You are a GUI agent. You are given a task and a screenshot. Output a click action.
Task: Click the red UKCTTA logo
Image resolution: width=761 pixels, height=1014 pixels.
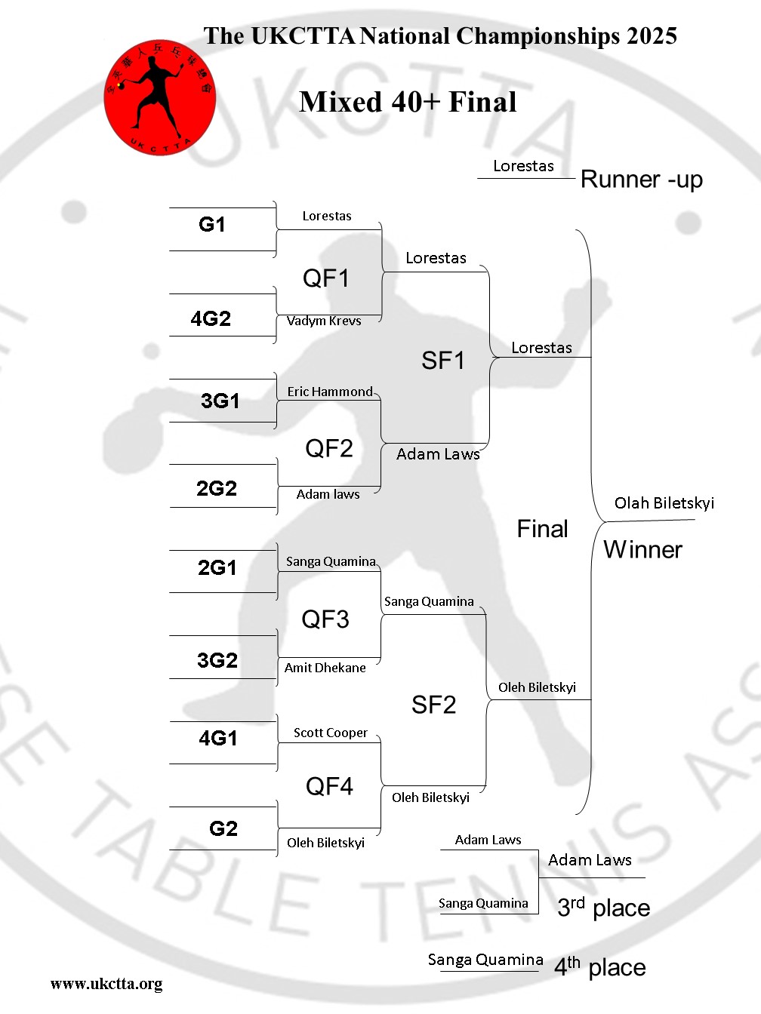(x=159, y=98)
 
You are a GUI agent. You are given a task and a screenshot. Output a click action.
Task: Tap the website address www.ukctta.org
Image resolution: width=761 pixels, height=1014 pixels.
(x=106, y=984)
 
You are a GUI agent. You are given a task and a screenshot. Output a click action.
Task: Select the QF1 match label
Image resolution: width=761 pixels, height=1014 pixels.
(x=325, y=278)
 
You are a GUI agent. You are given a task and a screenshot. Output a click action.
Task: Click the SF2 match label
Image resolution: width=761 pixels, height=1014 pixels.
(x=433, y=705)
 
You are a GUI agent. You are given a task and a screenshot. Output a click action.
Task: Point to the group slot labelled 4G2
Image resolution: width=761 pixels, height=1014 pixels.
(x=211, y=318)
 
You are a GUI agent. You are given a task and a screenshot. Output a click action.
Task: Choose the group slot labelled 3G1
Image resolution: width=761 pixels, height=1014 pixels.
(x=220, y=401)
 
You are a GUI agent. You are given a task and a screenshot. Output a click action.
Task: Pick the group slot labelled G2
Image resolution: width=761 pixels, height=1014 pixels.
(x=223, y=828)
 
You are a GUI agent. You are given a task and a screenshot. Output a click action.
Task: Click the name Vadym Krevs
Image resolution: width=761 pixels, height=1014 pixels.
(x=324, y=321)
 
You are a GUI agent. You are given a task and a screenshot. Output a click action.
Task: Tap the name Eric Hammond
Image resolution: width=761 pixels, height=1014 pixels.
(x=330, y=392)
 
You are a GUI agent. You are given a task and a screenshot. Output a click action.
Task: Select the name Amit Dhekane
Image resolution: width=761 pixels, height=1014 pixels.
(x=325, y=668)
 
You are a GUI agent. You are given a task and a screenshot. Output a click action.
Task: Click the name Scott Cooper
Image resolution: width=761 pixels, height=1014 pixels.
(x=330, y=733)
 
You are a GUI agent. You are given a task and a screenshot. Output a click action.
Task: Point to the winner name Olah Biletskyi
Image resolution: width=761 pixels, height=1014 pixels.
(x=664, y=503)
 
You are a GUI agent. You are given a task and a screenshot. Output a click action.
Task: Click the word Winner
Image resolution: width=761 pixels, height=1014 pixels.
(x=642, y=549)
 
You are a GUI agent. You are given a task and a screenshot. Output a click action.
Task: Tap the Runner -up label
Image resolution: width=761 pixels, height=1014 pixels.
(x=642, y=180)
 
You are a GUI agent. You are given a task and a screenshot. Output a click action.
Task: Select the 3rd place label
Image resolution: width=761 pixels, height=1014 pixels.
(x=603, y=907)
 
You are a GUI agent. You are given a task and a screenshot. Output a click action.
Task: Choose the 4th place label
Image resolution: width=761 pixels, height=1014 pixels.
(x=600, y=966)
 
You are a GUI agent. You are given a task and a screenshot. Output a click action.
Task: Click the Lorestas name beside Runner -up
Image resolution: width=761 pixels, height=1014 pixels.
(x=523, y=166)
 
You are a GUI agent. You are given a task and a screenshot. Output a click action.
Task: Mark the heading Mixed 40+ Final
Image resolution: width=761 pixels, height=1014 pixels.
(x=408, y=102)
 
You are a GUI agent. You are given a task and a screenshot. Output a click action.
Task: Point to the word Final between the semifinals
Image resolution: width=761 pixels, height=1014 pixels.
(x=542, y=529)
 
